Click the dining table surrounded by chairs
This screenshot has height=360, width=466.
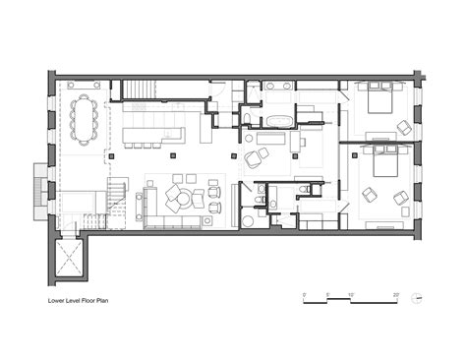(85, 116)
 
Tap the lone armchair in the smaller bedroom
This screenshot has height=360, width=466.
(404, 127)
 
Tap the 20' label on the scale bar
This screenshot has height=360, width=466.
(395, 294)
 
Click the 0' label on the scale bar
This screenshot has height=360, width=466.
(305, 294)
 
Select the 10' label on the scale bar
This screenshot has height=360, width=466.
(350, 294)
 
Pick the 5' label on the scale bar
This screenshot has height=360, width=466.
(327, 294)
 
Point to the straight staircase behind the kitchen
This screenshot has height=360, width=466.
(140, 91)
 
